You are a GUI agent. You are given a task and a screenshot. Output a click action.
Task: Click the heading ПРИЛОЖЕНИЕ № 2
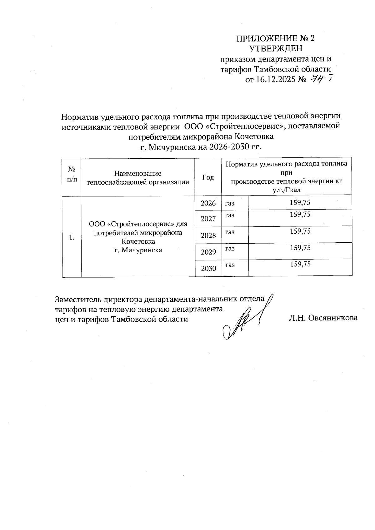[275, 38]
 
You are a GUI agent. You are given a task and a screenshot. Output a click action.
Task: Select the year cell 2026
[208, 203]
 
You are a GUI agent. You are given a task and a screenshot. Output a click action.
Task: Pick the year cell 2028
[208, 235]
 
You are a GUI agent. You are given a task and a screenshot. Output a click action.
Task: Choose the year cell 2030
[208, 268]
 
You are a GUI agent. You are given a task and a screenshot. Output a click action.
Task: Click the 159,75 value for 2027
[300, 215]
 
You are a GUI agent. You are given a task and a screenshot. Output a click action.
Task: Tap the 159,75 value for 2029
[300, 248]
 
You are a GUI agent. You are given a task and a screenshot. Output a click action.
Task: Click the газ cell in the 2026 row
[230, 203]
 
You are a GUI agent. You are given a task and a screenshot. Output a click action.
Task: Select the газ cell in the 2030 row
[230, 265]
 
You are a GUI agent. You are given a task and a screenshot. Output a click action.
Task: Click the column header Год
[208, 177]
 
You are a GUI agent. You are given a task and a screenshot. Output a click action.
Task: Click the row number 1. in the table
[72, 237]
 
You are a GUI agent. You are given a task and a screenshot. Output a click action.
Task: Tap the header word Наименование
[138, 173]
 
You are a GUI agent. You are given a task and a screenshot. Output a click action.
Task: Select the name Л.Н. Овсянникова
[323, 318]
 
